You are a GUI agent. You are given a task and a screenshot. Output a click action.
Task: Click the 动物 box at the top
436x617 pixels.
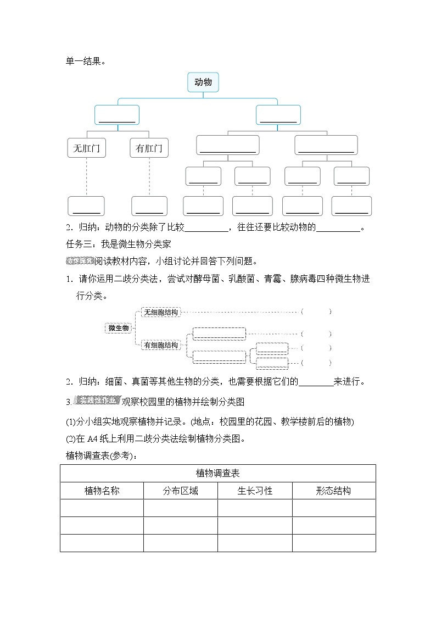click(x=203, y=82)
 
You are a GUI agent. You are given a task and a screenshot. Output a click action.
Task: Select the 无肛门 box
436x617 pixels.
click(x=87, y=148)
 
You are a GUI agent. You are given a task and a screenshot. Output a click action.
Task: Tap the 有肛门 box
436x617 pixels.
click(x=149, y=148)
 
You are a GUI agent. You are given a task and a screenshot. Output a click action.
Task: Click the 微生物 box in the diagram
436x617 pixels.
click(x=119, y=328)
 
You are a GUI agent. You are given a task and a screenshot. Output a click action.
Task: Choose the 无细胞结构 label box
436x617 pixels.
click(x=160, y=312)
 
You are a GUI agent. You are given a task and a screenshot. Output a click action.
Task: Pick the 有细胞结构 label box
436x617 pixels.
click(x=160, y=345)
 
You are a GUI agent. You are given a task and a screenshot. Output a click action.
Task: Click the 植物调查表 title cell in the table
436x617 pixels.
click(x=217, y=473)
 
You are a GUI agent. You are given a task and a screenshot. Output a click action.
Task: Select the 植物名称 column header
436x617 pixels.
click(x=102, y=491)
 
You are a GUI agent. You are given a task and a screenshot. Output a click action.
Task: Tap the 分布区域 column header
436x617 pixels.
click(x=180, y=491)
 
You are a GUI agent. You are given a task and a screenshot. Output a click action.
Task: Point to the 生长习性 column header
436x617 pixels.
click(x=255, y=491)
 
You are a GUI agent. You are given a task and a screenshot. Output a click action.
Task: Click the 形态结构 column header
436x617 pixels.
click(x=333, y=491)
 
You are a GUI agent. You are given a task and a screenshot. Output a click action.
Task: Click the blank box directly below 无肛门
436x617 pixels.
click(x=86, y=206)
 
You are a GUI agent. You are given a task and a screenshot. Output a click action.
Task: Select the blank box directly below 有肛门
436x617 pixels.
click(x=149, y=206)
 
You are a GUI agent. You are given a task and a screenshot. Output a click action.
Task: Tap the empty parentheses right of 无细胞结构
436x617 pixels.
click(x=316, y=312)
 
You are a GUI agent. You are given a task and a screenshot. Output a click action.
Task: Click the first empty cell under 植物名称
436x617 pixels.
click(x=102, y=508)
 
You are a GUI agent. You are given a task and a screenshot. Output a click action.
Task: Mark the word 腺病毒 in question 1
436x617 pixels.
click(x=303, y=279)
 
